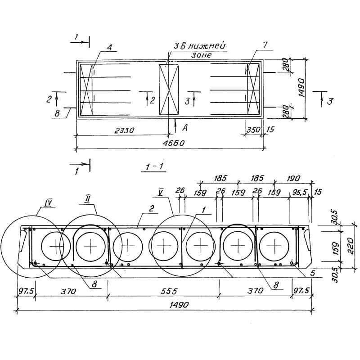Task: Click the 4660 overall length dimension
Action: pyautogui.click(x=173, y=143)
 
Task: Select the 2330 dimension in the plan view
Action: pyautogui.click(x=124, y=130)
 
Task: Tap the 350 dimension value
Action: pyautogui.click(x=253, y=130)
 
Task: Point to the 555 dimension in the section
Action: pyautogui.click(x=169, y=291)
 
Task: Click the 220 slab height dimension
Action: pyautogui.click(x=351, y=246)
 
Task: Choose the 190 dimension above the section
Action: pyautogui.click(x=293, y=178)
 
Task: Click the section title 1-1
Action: pyautogui.click(x=154, y=166)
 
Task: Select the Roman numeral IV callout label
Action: pyautogui.click(x=48, y=202)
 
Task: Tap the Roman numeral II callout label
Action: pyautogui.click(x=88, y=198)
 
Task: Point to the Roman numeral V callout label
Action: pyautogui.click(x=161, y=193)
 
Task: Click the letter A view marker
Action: pyautogui.click(x=185, y=128)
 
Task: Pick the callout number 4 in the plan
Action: pyautogui.click(x=109, y=47)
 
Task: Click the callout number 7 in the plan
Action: pyautogui.click(x=265, y=45)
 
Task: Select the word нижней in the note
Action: pyautogui.click(x=207, y=46)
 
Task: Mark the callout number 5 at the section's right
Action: pyautogui.click(x=312, y=273)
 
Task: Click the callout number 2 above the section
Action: pyautogui.click(x=151, y=209)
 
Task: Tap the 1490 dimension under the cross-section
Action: pyautogui.click(x=179, y=305)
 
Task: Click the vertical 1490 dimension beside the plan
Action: pyautogui.click(x=301, y=88)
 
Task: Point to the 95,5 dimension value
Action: pyautogui.click(x=299, y=193)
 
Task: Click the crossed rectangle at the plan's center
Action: pyautogui.click(x=169, y=90)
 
